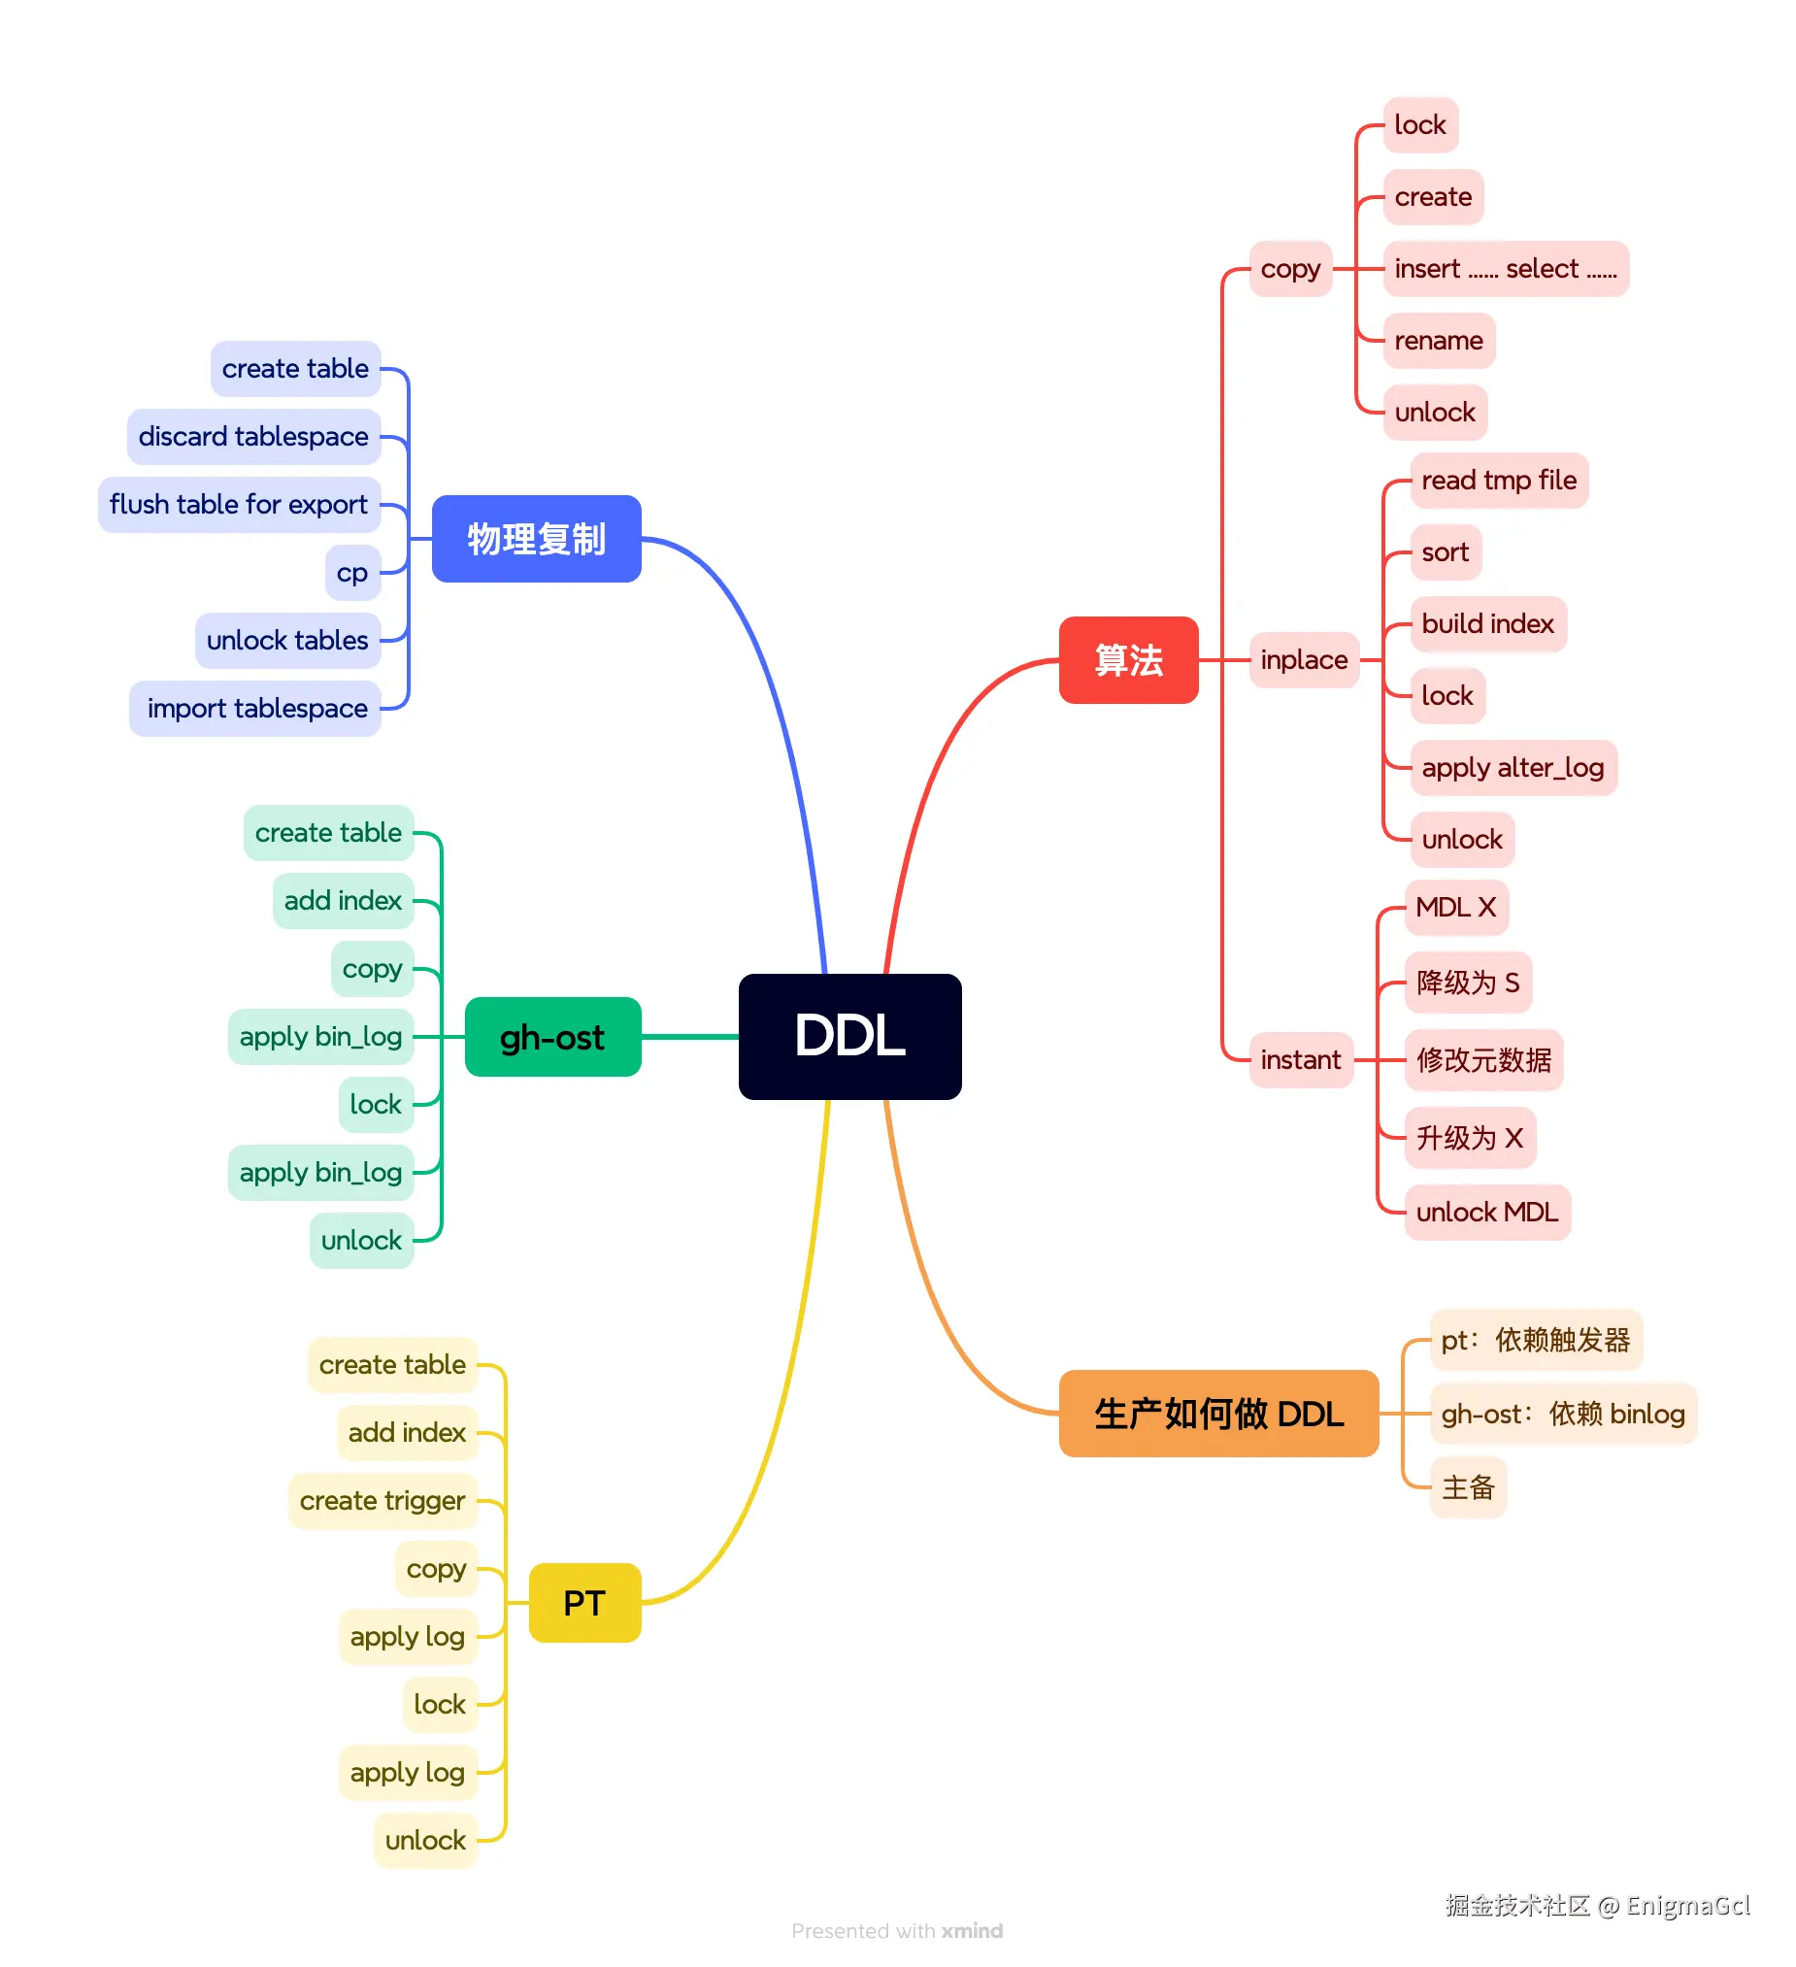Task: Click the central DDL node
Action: click(x=849, y=1036)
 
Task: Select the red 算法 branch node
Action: click(x=1129, y=660)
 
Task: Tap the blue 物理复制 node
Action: click(x=537, y=539)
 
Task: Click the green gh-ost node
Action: click(x=552, y=1037)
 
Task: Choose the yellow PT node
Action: click(x=584, y=1603)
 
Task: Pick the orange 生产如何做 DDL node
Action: click(x=1218, y=1414)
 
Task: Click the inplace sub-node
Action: click(x=1304, y=660)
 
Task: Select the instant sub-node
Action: click(x=1301, y=1059)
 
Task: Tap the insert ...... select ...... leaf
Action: click(x=1506, y=269)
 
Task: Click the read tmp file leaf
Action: click(x=1499, y=481)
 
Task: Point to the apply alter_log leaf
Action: click(x=1513, y=768)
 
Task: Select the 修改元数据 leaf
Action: click(x=1482, y=1059)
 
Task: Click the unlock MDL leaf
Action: click(x=1486, y=1213)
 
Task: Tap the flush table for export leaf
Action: click(x=239, y=505)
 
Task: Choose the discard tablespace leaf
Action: click(x=253, y=437)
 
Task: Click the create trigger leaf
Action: click(x=382, y=1501)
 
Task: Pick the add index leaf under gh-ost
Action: click(x=343, y=902)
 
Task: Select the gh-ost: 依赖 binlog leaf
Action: click(x=1563, y=1414)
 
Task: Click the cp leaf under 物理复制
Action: click(x=352, y=573)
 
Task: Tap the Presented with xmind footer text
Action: click(x=896, y=1931)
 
